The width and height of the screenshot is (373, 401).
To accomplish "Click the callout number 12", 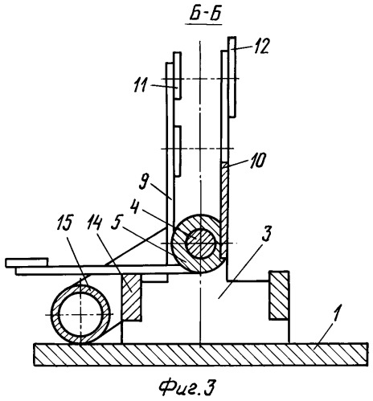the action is [260, 46].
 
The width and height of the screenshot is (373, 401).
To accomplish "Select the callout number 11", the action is [141, 85].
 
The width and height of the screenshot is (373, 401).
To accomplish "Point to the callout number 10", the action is [257, 161].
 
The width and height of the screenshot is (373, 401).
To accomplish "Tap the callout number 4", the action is [135, 207].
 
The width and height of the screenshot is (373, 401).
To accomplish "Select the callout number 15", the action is [65, 222].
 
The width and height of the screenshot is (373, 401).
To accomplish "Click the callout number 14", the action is [92, 222].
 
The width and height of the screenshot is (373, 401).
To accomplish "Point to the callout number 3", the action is [267, 234].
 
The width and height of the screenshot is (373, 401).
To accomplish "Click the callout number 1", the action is [336, 312].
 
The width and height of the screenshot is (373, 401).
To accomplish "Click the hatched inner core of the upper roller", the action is [201, 243].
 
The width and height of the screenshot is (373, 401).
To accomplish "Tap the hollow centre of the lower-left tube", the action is [80, 313].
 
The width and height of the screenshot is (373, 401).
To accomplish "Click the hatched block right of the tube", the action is [131, 297].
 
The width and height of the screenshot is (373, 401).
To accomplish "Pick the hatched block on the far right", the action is [279, 295].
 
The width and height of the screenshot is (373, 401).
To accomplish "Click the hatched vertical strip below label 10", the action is [224, 210].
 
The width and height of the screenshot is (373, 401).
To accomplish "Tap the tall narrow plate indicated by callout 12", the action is [232, 77].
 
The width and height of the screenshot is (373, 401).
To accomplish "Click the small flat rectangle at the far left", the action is [27, 263].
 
